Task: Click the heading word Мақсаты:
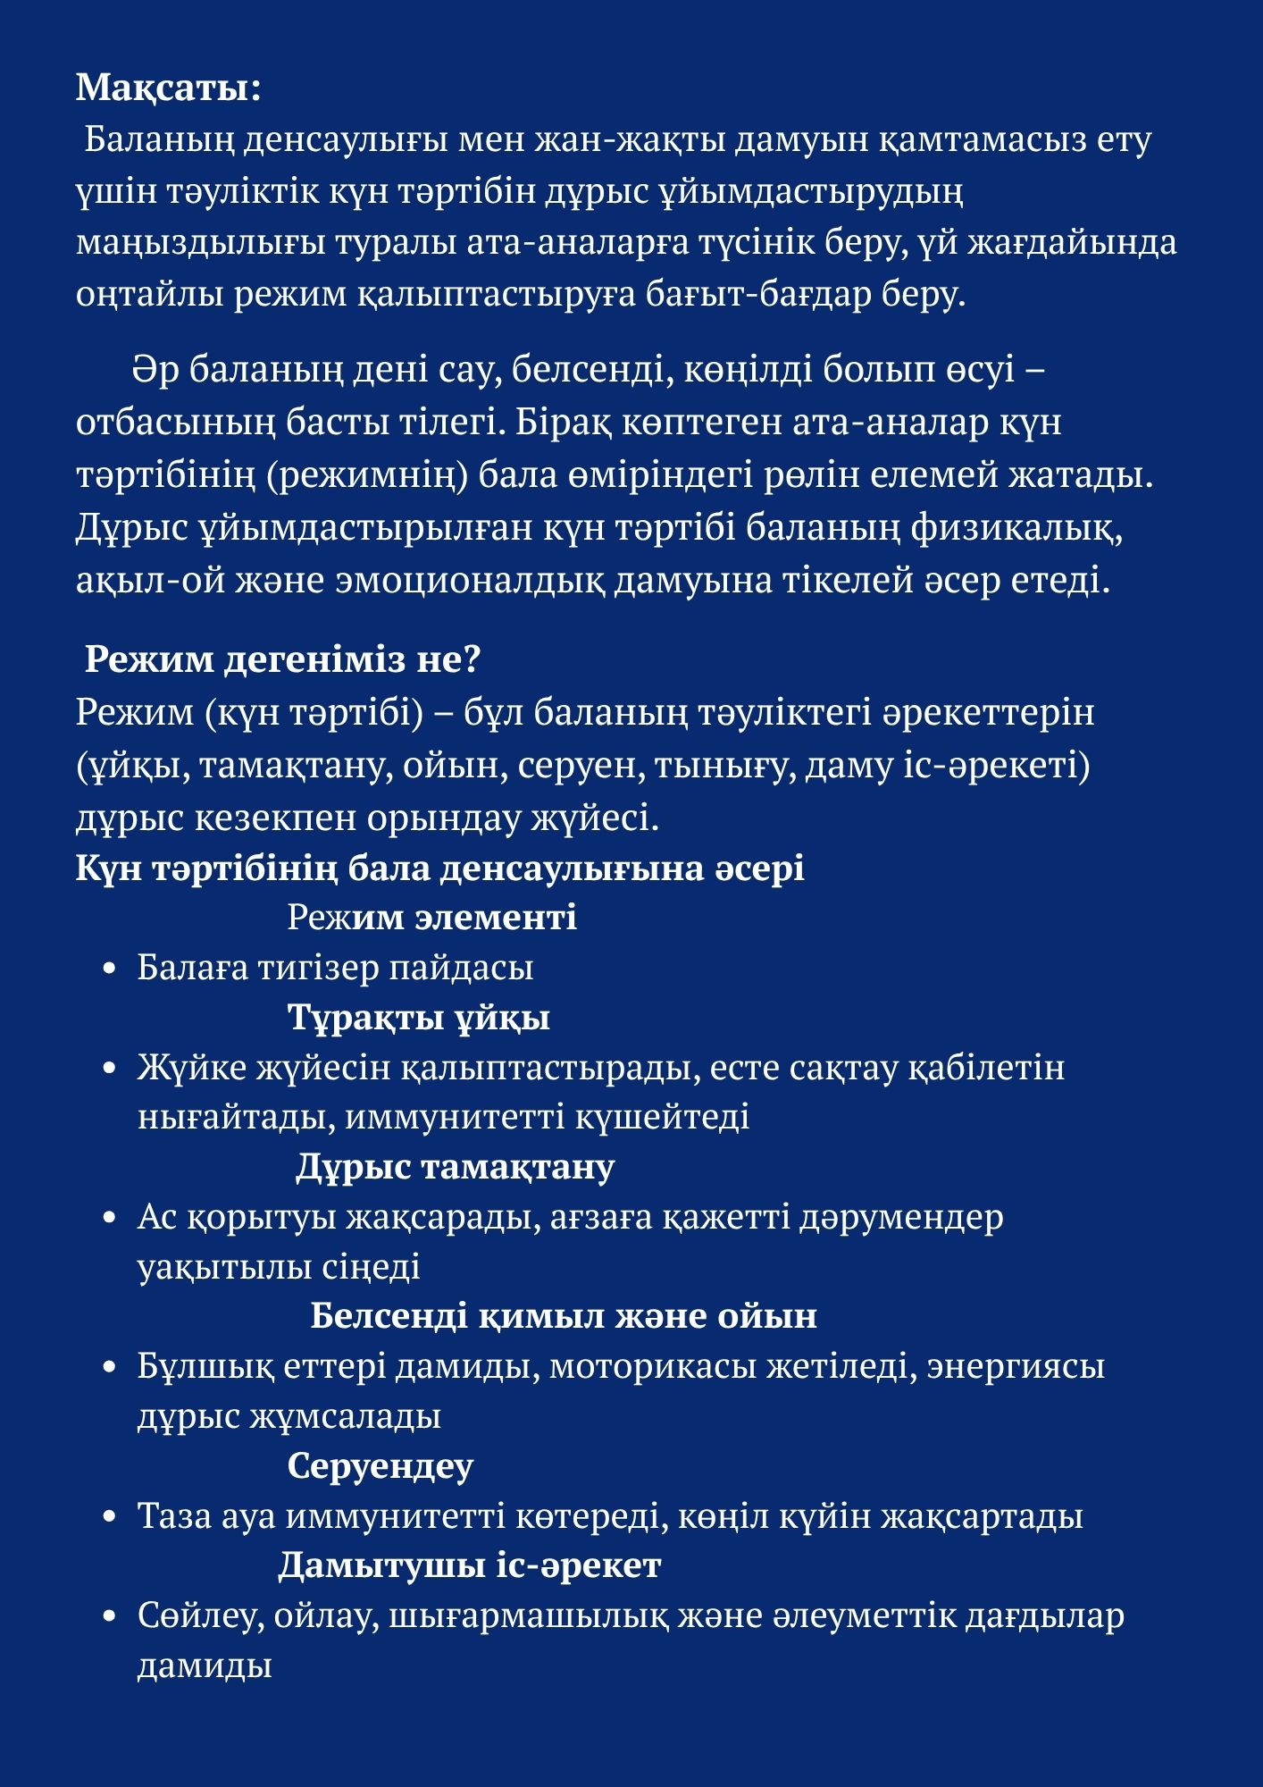(x=168, y=88)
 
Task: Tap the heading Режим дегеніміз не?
(x=282, y=660)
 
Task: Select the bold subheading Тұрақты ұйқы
(x=418, y=1018)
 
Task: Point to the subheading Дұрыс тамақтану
(x=455, y=1167)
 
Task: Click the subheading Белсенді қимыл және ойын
(x=564, y=1316)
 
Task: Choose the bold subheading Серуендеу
(x=380, y=1466)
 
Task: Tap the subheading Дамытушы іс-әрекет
(x=469, y=1565)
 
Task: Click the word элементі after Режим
(x=497, y=918)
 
